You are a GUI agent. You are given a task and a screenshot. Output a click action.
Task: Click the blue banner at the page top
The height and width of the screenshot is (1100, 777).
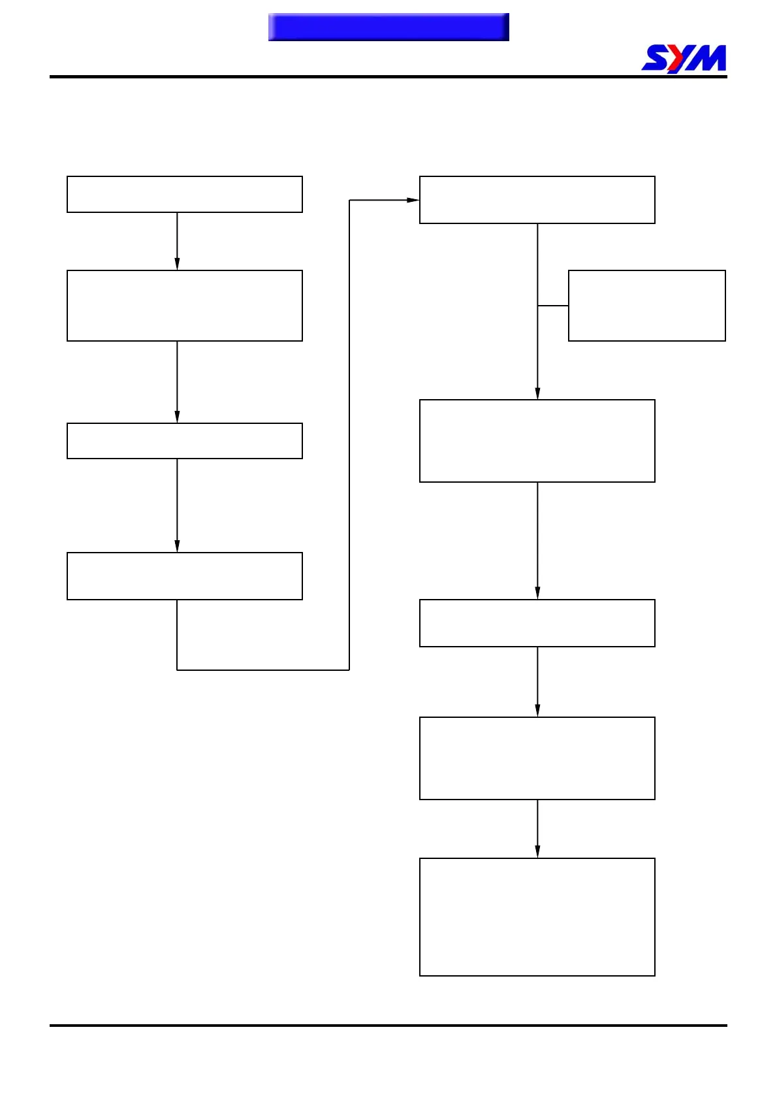[388, 27]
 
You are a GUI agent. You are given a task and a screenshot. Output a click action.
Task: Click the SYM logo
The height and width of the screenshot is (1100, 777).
[684, 58]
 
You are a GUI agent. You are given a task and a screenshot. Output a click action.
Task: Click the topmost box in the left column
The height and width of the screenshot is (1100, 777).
[185, 194]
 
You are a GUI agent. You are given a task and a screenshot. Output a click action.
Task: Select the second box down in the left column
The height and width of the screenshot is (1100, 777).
[185, 306]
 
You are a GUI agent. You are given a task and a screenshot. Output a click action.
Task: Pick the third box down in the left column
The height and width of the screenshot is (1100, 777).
[185, 441]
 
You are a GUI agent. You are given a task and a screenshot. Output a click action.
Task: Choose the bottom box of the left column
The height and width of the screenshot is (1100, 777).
[185, 576]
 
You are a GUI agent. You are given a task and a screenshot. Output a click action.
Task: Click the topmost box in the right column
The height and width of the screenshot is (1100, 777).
[537, 200]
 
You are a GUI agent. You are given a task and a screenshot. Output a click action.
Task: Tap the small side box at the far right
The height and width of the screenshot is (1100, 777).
[647, 306]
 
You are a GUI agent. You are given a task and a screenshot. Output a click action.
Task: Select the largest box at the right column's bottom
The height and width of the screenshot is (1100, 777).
[537, 917]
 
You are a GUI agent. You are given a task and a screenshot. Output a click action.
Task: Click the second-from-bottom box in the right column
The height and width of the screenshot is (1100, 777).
[537, 758]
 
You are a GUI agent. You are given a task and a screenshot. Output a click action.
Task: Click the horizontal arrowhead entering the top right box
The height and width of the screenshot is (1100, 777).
[413, 200]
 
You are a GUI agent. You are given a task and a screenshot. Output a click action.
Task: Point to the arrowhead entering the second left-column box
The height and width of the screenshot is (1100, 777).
[177, 263]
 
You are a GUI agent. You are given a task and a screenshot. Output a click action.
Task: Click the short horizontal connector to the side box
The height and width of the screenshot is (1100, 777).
[553, 306]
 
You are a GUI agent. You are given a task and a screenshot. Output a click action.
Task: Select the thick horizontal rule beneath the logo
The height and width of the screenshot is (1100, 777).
[388, 77]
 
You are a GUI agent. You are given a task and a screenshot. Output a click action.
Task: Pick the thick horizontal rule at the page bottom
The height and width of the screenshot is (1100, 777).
[388, 1026]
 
